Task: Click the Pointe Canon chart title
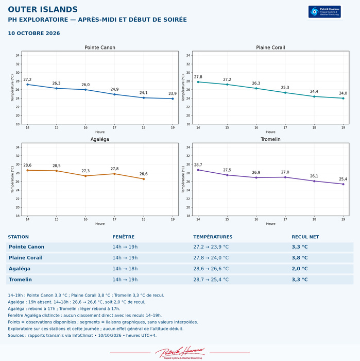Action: [100, 47]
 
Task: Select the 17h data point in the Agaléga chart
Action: [114, 174]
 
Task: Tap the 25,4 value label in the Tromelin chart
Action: [343, 179]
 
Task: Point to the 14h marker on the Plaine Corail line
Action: [198, 82]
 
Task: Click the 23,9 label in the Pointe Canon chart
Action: [173, 93]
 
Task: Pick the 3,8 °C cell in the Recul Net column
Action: [300, 258]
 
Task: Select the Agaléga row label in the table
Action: [20, 269]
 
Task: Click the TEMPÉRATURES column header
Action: [213, 237]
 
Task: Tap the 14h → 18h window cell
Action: [125, 269]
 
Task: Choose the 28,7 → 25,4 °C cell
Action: [211, 280]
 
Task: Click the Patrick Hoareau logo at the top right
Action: [324, 12]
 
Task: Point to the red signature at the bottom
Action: [180, 353]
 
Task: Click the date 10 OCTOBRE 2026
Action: [34, 33]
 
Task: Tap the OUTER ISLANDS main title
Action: [43, 9]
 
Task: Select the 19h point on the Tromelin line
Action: [343, 184]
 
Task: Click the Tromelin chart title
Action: [270, 139]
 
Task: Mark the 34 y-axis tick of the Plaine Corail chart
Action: [188, 56]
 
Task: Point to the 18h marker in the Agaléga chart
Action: [144, 179]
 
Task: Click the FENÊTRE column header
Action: [123, 237]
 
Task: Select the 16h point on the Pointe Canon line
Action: [85, 90]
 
